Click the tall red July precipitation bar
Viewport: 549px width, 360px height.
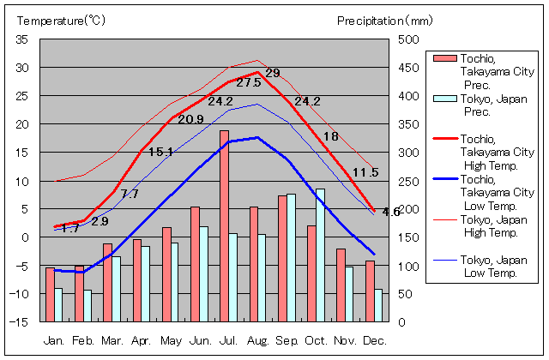(224, 226)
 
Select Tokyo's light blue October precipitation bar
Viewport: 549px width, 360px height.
(321, 255)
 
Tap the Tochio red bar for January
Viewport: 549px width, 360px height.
(50, 294)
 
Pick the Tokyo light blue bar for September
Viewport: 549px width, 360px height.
(292, 257)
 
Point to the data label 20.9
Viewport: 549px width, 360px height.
(190, 120)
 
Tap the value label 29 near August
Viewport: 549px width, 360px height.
(273, 73)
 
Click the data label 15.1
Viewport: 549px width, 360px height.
(160, 153)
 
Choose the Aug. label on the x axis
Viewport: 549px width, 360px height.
(258, 339)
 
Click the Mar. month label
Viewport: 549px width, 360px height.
(112, 339)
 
